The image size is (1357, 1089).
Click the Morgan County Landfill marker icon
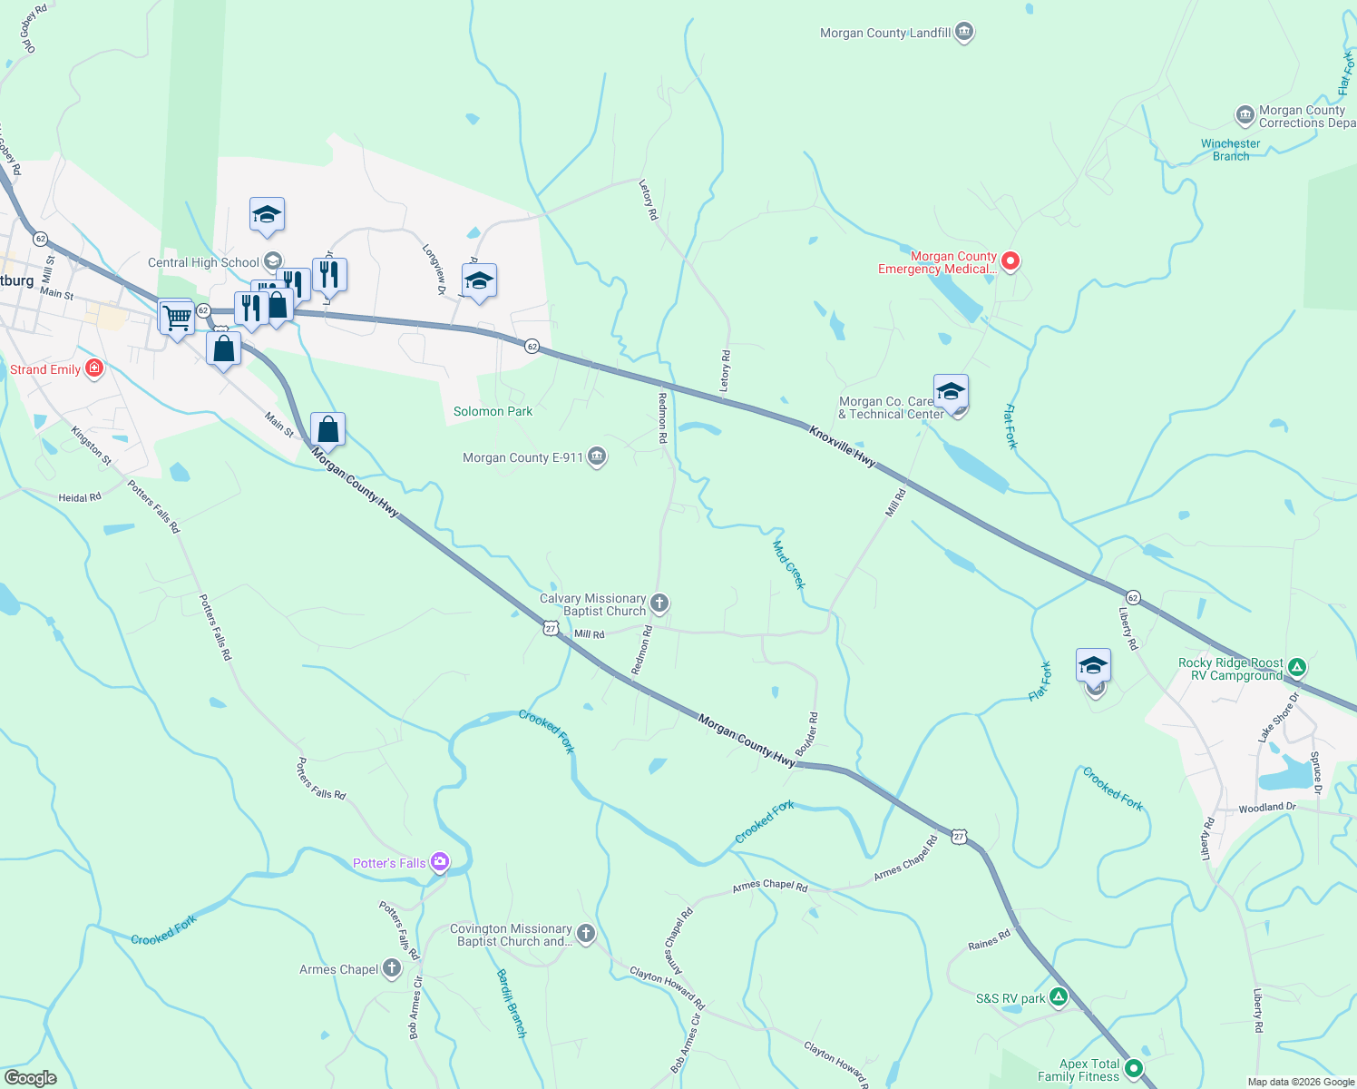pyautogui.click(x=964, y=33)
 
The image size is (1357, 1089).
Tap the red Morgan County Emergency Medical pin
pyautogui.click(x=1010, y=262)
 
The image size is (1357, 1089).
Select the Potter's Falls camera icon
pyautogui.click(x=440, y=862)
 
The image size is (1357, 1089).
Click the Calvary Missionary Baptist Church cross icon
pyautogui.click(x=660, y=603)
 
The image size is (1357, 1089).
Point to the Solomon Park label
pyautogui.click(x=493, y=411)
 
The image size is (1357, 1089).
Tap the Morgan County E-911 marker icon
pyautogui.click(x=597, y=457)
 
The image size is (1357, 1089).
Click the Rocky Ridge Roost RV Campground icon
pyautogui.click(x=1297, y=669)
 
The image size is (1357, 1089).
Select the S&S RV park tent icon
pyautogui.click(x=1058, y=998)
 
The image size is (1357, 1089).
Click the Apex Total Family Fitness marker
pyautogui.click(x=1133, y=1070)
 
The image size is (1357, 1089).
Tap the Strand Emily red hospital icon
pyautogui.click(x=93, y=368)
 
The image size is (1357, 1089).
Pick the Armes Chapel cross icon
pyautogui.click(x=392, y=969)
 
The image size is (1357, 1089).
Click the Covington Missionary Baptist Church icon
pyautogui.click(x=586, y=934)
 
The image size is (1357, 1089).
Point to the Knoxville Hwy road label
pyautogui.click(x=843, y=446)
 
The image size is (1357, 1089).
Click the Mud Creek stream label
pyautogui.click(x=788, y=564)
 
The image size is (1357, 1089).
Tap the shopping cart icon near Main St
pyautogui.click(x=177, y=318)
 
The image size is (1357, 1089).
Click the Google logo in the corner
pyautogui.click(x=30, y=1077)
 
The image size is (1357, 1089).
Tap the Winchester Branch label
pyautogui.click(x=1230, y=150)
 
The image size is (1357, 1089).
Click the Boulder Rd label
pyautogui.click(x=807, y=734)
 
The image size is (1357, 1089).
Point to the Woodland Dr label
pyautogui.click(x=1267, y=807)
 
